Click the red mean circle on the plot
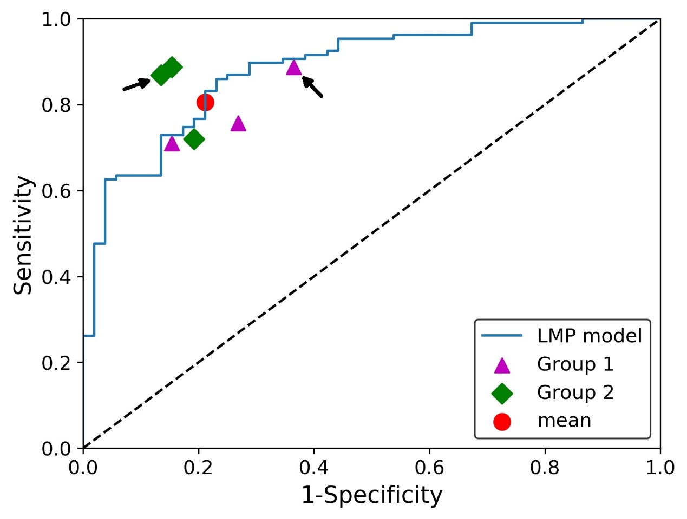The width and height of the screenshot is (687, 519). (205, 102)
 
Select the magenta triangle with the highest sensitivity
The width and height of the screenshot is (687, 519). (293, 68)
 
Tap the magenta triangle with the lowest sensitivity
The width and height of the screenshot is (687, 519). (172, 144)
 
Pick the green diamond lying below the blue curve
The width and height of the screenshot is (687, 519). (194, 139)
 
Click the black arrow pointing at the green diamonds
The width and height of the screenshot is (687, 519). (136, 84)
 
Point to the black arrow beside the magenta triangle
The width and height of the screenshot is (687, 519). (312, 87)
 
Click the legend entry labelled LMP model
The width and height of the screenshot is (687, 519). (589, 336)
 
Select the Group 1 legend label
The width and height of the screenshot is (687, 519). (575, 364)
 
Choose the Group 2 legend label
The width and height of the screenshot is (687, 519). (575, 392)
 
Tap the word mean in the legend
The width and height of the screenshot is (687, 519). (564, 421)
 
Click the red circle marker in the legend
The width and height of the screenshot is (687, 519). (502, 422)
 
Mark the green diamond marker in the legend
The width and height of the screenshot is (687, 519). (502, 393)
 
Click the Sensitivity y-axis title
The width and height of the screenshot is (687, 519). (23, 235)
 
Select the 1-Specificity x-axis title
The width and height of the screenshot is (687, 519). (371, 495)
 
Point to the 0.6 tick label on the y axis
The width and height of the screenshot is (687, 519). (56, 191)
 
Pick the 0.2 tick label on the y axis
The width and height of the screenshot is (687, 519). (56, 363)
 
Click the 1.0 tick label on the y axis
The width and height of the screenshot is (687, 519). (56, 20)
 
